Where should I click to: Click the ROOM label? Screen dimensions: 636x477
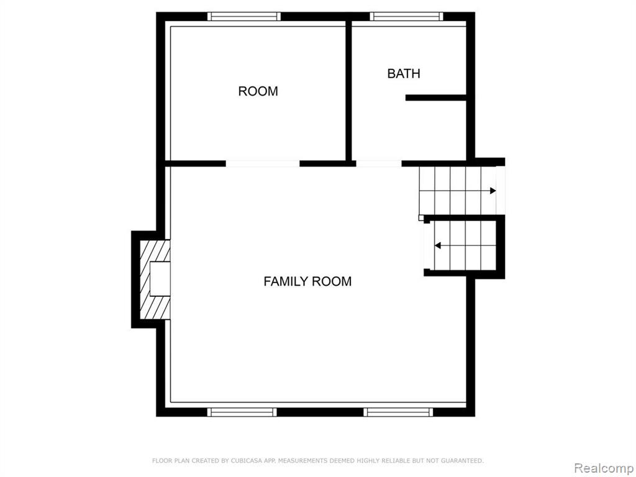click(258, 91)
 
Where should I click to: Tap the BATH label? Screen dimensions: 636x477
click(404, 74)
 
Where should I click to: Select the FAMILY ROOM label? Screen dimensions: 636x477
click(307, 281)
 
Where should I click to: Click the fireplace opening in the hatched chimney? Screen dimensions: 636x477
click(160, 279)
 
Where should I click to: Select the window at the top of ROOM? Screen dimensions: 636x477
click(243, 17)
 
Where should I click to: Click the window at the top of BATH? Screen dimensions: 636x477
click(406, 17)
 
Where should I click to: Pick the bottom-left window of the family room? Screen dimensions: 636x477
click(242, 412)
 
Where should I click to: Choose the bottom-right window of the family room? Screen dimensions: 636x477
click(398, 412)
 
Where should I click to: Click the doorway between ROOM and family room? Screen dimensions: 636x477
click(263, 163)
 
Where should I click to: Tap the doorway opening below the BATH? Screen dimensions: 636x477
click(379, 163)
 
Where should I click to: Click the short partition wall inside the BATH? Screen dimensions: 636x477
click(435, 98)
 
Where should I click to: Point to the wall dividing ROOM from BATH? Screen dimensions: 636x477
click(348, 91)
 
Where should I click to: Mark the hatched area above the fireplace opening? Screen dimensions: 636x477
click(156, 251)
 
